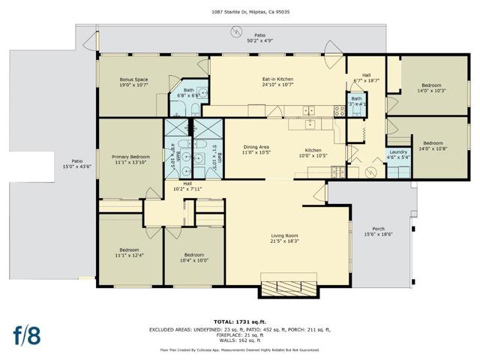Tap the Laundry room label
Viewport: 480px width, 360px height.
[398, 154]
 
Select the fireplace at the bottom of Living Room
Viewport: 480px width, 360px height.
[289, 287]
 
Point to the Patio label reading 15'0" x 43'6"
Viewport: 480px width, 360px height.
[76, 163]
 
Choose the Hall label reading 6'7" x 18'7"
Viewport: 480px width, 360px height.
[367, 78]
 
